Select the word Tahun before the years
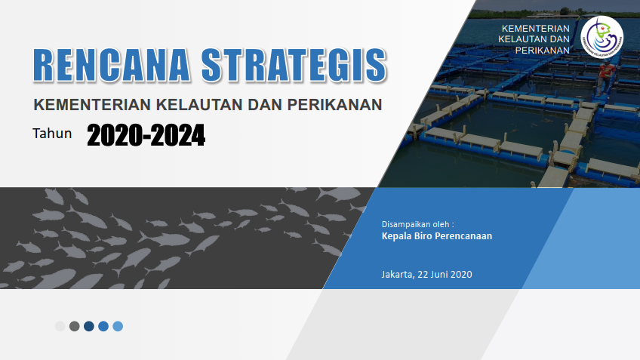[x=52, y=134]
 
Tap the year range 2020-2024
[x=146, y=135]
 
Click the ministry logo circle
[x=602, y=38]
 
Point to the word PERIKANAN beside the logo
[x=542, y=51]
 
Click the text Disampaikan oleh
[x=417, y=224]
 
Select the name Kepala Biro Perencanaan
[x=437, y=236]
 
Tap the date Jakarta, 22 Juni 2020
[x=426, y=274]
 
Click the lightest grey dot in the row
[x=60, y=326]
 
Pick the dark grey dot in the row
[x=74, y=326]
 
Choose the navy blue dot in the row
[x=89, y=326]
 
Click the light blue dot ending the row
[x=118, y=326]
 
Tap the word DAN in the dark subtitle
[x=265, y=105]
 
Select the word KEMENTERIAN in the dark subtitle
[x=92, y=105]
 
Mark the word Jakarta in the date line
[x=397, y=274]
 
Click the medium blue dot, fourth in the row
[x=103, y=326]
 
